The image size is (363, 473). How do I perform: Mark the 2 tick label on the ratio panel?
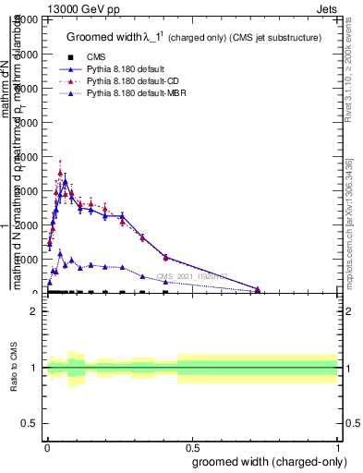click(34, 311)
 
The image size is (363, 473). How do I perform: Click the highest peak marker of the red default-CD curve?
click(60, 173)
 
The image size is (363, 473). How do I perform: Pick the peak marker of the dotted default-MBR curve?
click(60, 253)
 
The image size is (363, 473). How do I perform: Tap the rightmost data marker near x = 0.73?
click(258, 290)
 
